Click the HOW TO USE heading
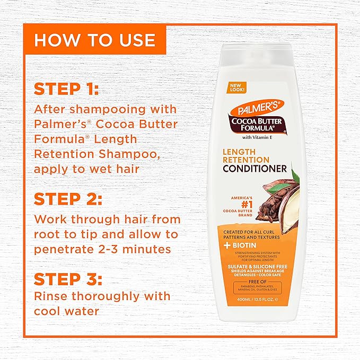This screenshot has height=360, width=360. click(95, 40)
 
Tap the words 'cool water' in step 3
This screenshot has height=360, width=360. click(66, 311)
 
